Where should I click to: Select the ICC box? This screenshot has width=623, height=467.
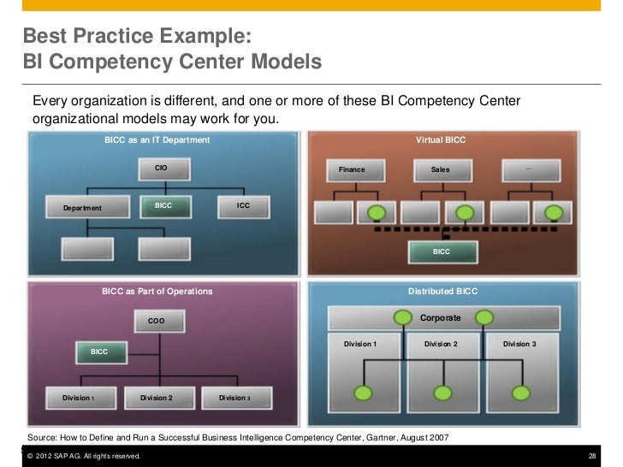pyautogui.click(x=244, y=206)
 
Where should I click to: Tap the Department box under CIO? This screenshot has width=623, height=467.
pyautogui.click(x=83, y=208)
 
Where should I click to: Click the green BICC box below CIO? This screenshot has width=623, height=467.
pyautogui.click(x=163, y=206)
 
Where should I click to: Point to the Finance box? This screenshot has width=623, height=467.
pyautogui.click(x=352, y=169)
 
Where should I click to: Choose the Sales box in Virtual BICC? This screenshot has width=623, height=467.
pyautogui.click(x=440, y=169)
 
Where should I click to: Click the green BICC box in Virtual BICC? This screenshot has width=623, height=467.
pyautogui.click(x=442, y=251)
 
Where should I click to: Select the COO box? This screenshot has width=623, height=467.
pyautogui.click(x=157, y=321)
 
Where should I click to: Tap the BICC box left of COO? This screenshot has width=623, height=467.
pyautogui.click(x=99, y=352)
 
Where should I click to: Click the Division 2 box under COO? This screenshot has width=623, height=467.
pyautogui.click(x=157, y=398)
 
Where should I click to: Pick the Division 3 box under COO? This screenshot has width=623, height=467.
pyautogui.click(x=234, y=398)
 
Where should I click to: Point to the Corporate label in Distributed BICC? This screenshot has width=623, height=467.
pyautogui.click(x=440, y=318)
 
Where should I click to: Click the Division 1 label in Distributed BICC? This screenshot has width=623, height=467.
pyautogui.click(x=359, y=344)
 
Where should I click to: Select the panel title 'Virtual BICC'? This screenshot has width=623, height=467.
pyautogui.click(x=441, y=139)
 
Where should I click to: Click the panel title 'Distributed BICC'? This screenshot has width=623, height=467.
pyautogui.click(x=442, y=292)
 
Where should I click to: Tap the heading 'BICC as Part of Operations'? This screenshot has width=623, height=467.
pyautogui.click(x=157, y=292)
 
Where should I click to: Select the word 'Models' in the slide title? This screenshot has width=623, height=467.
pyautogui.click(x=284, y=62)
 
